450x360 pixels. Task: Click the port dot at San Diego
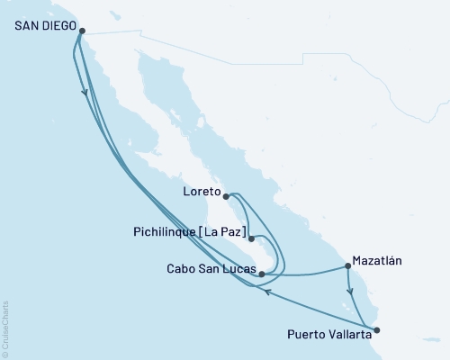tap(82, 31)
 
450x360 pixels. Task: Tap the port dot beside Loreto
tap(226, 194)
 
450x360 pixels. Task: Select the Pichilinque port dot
tap(250, 238)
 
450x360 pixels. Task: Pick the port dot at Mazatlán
tap(347, 265)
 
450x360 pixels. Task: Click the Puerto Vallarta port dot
tap(376, 329)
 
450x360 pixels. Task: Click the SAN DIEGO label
tap(44, 26)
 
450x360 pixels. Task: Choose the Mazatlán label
tap(376, 261)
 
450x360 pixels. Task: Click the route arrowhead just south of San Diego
tap(85, 93)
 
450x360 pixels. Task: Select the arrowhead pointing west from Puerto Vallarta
tap(266, 289)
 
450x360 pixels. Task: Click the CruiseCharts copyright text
tap(5, 328)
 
